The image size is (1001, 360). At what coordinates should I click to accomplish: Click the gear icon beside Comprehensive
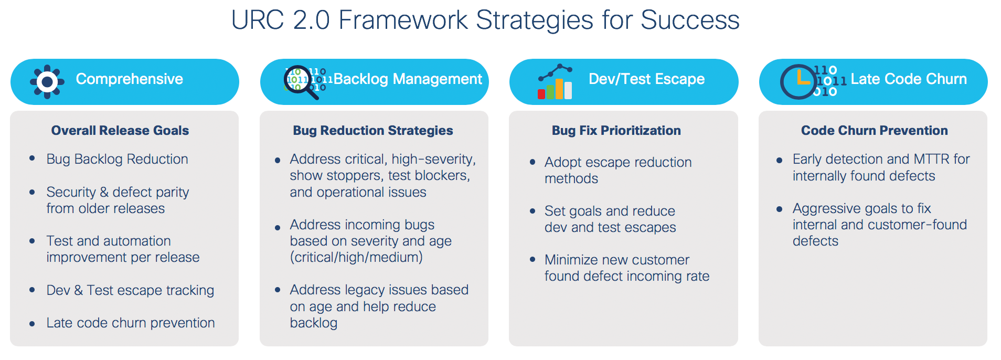[x=47, y=82]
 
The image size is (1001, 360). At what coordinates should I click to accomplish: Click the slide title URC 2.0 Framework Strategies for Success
[x=485, y=20]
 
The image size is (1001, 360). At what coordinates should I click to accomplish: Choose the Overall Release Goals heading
[x=120, y=131]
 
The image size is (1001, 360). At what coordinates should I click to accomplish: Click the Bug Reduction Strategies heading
[x=373, y=131]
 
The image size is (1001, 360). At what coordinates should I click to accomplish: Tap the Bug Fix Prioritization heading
[x=616, y=131]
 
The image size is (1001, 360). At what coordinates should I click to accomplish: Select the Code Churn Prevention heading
[x=875, y=131]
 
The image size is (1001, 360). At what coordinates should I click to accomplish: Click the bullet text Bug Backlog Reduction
[x=117, y=159]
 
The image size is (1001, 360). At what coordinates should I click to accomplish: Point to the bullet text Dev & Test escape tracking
[x=130, y=290]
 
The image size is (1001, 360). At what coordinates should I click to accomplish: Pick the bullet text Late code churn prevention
[x=131, y=323]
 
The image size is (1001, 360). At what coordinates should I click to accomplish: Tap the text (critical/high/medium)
[x=356, y=257]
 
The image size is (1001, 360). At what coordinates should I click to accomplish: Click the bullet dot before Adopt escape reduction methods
[x=533, y=162]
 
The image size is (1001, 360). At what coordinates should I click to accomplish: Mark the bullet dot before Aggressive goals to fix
[x=779, y=209]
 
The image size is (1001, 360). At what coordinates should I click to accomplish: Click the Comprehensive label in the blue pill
[x=130, y=79]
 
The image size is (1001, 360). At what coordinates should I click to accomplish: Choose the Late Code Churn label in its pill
[x=909, y=79]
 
